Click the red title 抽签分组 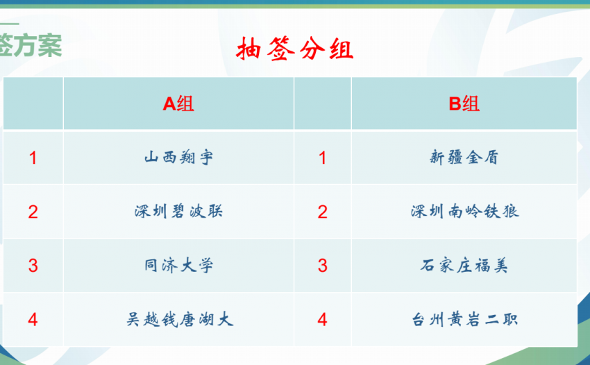[x=295, y=49]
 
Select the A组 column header [x=178, y=104]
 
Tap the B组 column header [x=464, y=104]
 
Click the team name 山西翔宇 [x=178, y=157]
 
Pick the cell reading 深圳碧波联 [x=178, y=211]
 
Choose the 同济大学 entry [x=178, y=266]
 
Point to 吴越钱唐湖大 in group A [x=180, y=320]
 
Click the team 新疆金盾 [x=464, y=157]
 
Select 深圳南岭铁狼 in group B [x=464, y=211]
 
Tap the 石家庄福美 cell [x=464, y=266]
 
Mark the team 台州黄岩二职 [x=464, y=320]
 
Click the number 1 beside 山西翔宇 [x=33, y=158]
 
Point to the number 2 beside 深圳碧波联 [x=33, y=212]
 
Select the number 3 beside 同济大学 [x=33, y=266]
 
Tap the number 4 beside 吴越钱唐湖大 [x=33, y=320]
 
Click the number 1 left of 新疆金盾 [x=323, y=158]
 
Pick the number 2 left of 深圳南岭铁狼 [x=323, y=212]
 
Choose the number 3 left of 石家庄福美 [x=323, y=266]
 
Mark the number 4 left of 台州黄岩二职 [x=322, y=320]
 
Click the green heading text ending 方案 [x=31, y=45]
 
